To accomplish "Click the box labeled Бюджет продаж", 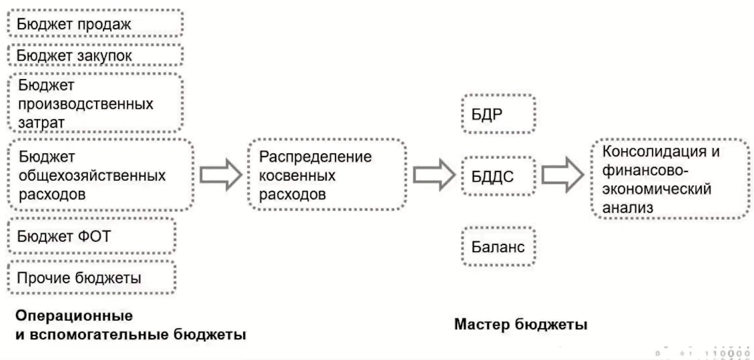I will [95, 24].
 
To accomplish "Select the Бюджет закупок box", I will [95, 56].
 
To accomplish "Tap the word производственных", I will [86, 104].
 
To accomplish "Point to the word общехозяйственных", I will [92, 175].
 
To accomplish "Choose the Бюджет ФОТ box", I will [91, 236].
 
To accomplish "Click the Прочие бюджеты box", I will [91, 278].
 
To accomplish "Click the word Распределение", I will [315, 156].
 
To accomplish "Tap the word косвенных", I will [297, 175].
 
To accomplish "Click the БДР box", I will [499, 115].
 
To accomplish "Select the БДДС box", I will [499, 176].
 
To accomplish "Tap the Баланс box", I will [499, 247].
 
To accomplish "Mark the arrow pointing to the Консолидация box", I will [562, 175].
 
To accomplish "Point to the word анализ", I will [628, 207].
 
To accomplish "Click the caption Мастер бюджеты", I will [521, 324].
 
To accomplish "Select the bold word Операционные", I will [74, 315].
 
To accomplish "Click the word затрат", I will [41, 123].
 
